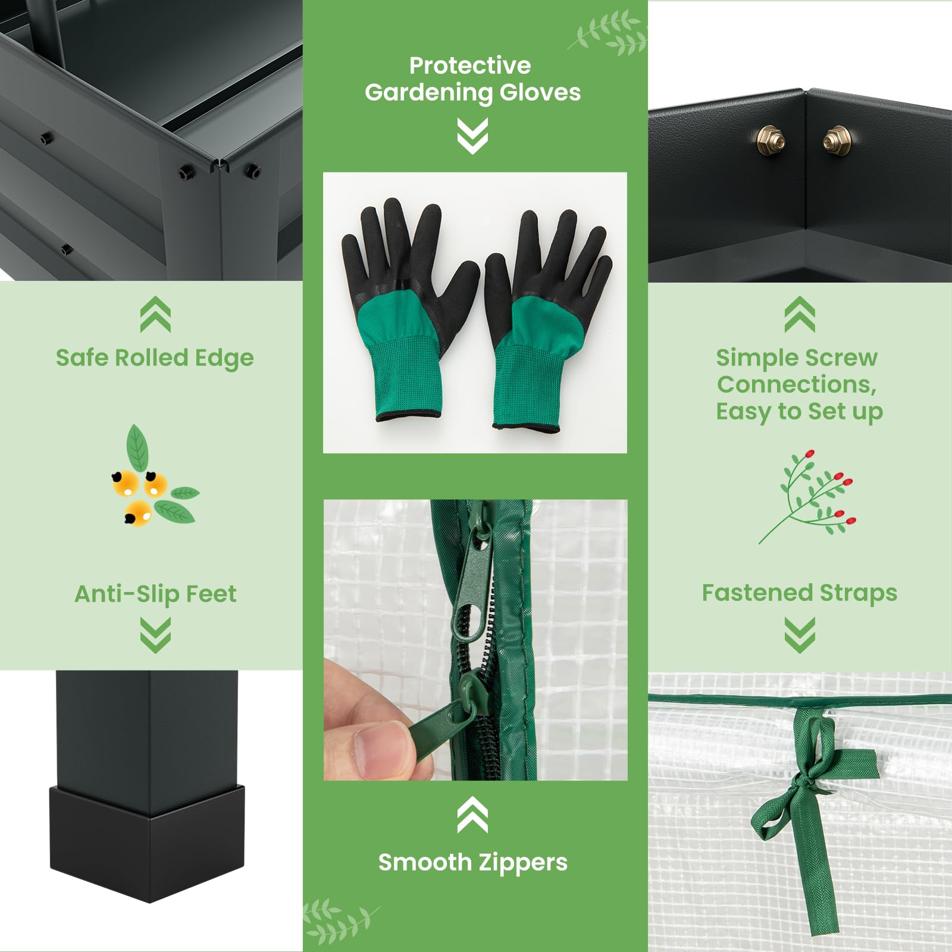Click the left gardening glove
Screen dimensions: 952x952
click(x=405, y=309)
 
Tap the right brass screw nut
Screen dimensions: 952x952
click(x=837, y=140)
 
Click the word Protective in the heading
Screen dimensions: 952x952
click(x=469, y=65)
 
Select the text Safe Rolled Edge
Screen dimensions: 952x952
click(x=155, y=358)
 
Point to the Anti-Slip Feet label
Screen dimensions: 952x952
click(x=155, y=594)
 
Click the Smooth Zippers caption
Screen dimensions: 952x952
click(x=473, y=862)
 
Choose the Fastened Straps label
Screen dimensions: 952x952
click(x=799, y=593)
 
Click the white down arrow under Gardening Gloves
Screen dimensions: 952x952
click(x=472, y=136)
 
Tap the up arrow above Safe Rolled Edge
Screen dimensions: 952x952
click(x=155, y=314)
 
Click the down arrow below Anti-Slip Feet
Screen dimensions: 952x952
click(x=155, y=635)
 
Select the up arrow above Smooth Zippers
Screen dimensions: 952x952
click(x=472, y=815)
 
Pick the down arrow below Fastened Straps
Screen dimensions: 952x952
click(x=800, y=635)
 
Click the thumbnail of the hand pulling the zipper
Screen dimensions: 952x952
click(x=475, y=640)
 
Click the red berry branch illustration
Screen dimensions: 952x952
click(x=809, y=497)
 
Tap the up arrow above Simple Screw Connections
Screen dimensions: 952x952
click(x=800, y=314)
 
